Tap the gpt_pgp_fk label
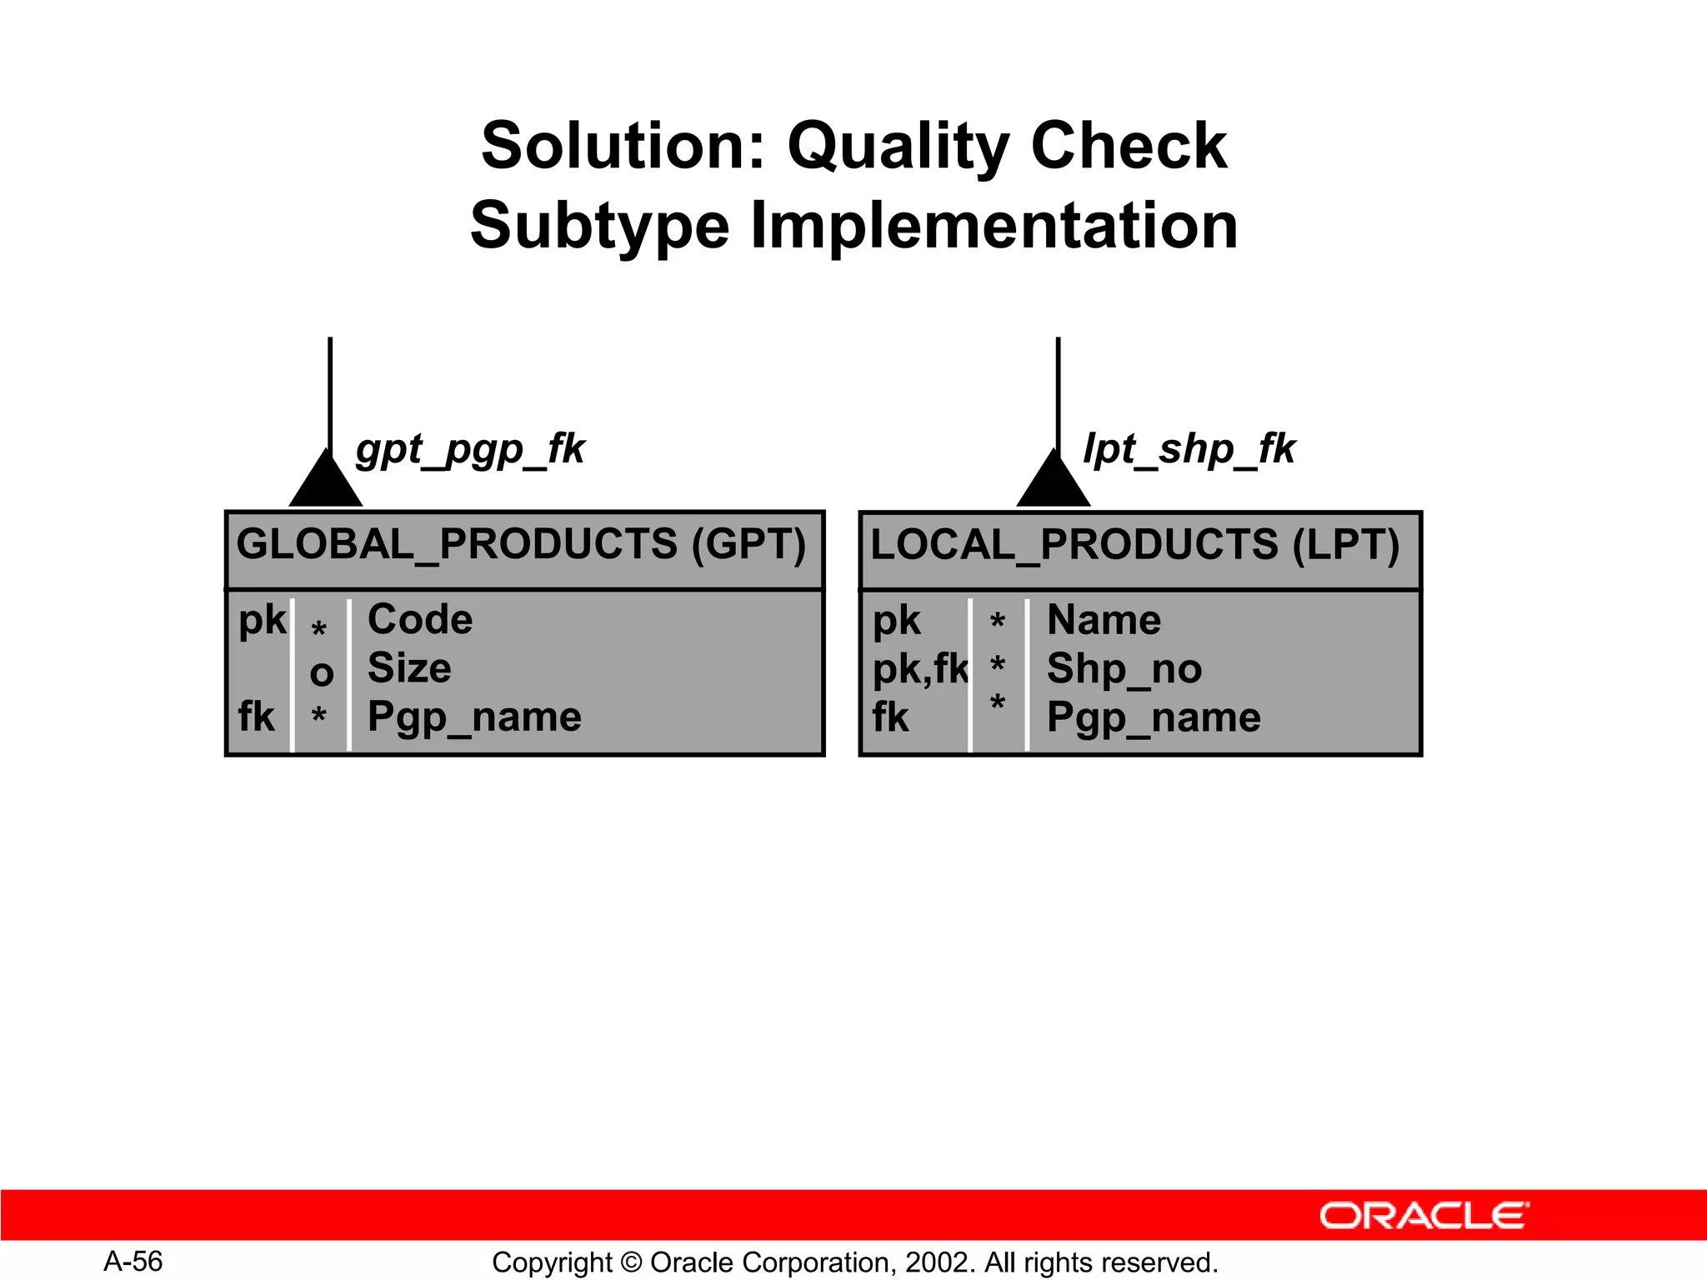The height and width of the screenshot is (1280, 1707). (x=471, y=449)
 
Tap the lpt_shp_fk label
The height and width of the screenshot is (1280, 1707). (x=1189, y=449)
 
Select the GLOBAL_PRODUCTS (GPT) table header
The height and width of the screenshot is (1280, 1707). (x=522, y=545)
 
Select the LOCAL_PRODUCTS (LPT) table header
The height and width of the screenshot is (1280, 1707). (x=1135, y=545)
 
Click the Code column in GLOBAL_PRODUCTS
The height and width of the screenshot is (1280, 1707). (x=420, y=620)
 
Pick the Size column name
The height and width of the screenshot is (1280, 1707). (x=409, y=668)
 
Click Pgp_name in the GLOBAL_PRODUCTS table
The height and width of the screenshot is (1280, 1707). (x=474, y=717)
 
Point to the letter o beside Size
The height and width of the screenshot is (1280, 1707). (x=322, y=673)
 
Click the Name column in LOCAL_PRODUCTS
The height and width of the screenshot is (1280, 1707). (x=1104, y=620)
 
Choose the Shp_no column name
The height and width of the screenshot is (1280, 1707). (x=1124, y=668)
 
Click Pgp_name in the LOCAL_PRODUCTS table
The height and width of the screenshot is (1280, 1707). (x=1154, y=717)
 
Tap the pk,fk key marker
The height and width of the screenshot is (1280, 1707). (x=920, y=669)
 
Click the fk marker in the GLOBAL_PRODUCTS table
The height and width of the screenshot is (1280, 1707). (x=256, y=717)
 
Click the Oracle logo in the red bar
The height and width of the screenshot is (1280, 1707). (x=1424, y=1216)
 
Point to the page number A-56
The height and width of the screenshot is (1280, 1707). (x=133, y=1261)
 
